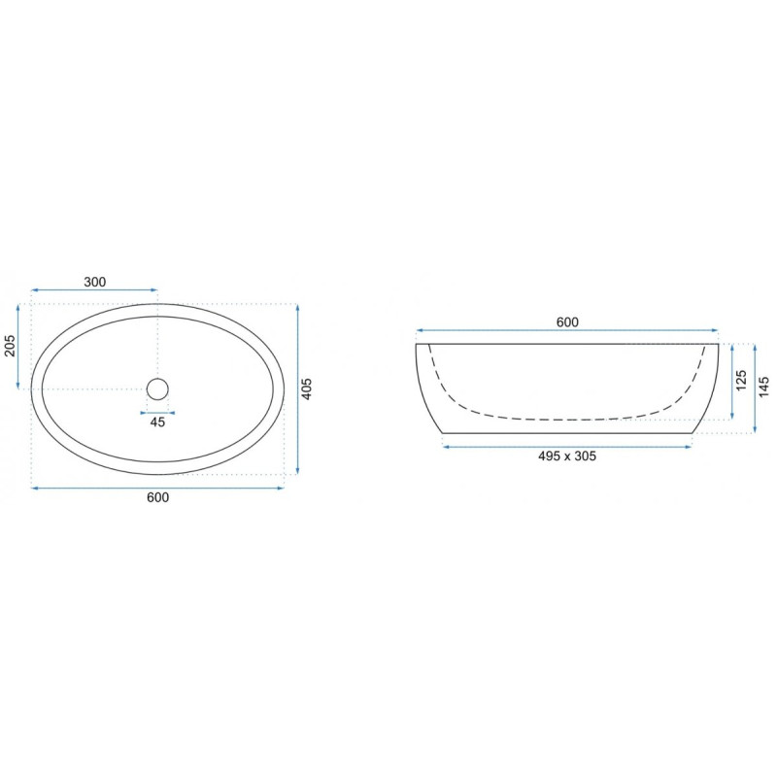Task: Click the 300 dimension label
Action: point(94,282)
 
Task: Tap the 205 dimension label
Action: point(10,346)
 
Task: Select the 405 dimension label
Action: point(307,389)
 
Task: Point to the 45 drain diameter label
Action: point(157,422)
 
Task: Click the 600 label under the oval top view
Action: point(158,497)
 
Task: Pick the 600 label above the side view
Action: point(567,322)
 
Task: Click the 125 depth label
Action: point(741,381)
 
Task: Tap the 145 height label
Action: point(763,387)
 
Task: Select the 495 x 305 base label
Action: point(567,456)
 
